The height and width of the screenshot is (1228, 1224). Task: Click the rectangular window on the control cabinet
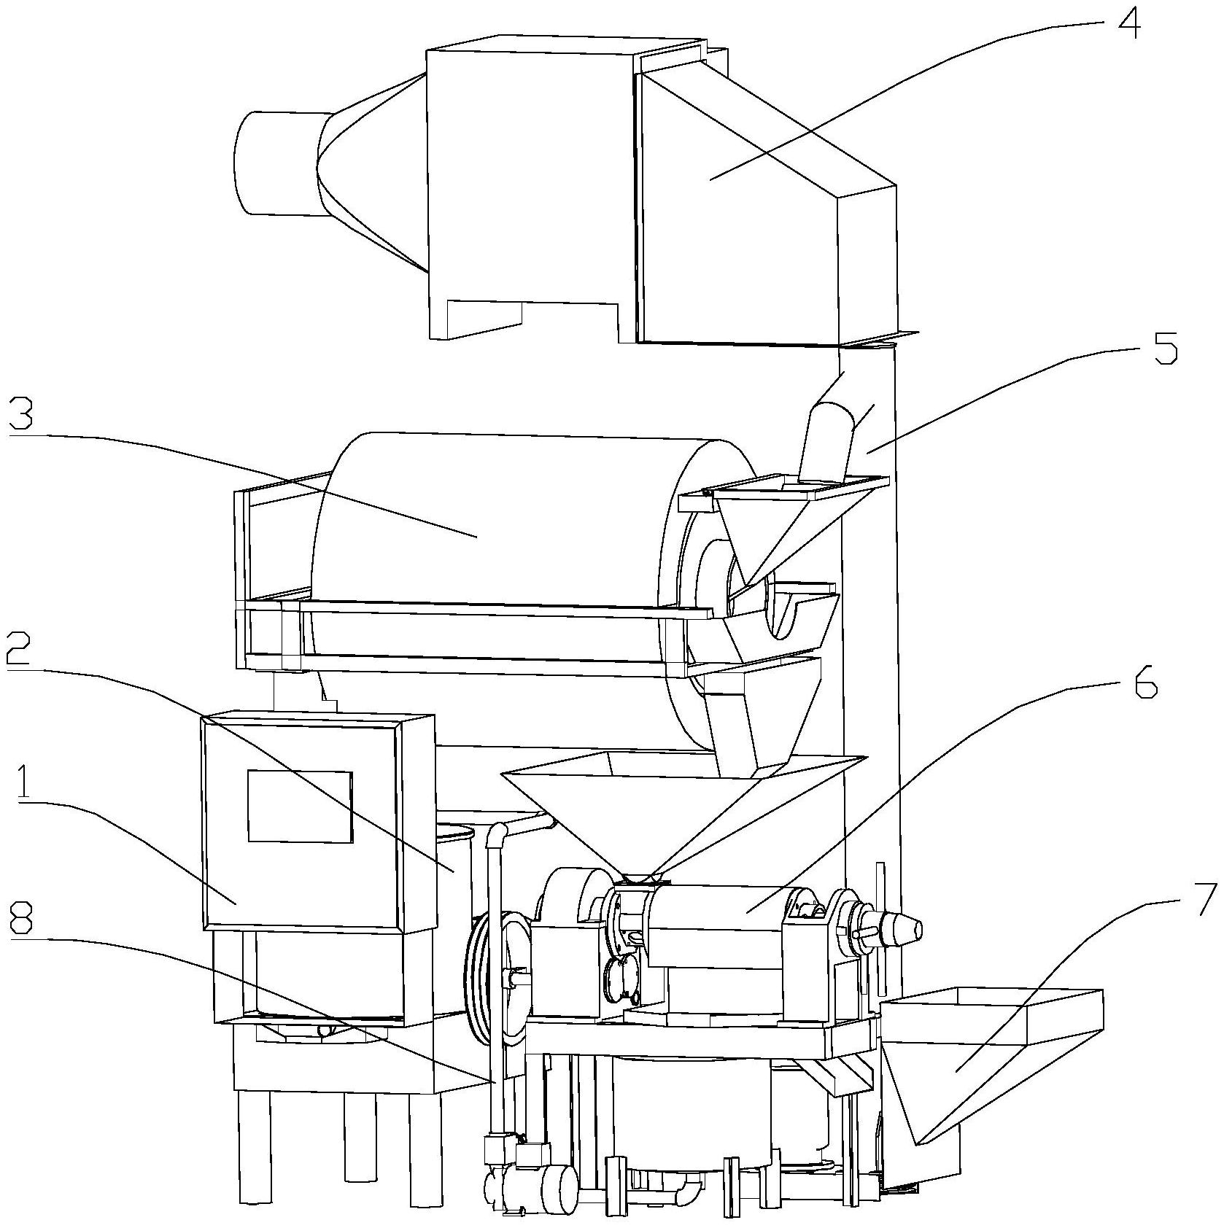point(300,807)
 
